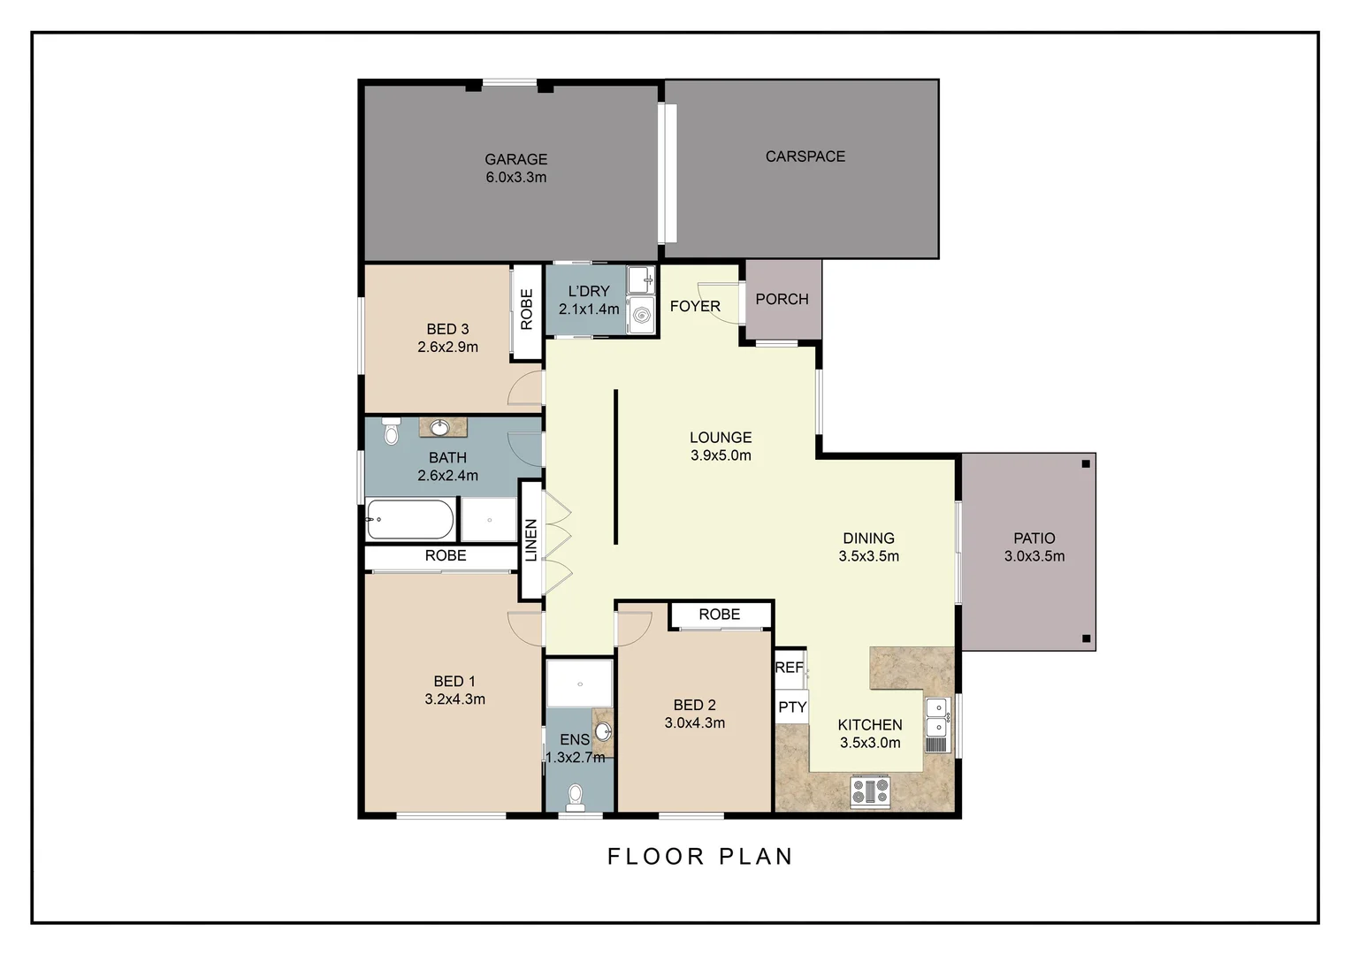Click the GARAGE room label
[x=515, y=159]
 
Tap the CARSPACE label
[x=805, y=157]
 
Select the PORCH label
[x=782, y=299]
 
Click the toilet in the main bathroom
[x=391, y=432]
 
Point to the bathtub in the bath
[x=410, y=520]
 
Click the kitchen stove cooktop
[x=870, y=791]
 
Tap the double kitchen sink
[x=936, y=717]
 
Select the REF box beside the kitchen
[x=789, y=668]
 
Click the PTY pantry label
[x=792, y=707]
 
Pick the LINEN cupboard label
[x=531, y=539]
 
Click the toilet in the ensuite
[x=576, y=795]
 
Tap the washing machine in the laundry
[x=641, y=313]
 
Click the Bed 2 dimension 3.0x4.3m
[x=694, y=723]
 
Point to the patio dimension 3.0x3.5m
[x=1034, y=556]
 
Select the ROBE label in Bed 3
[x=527, y=309]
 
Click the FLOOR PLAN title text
[x=700, y=856]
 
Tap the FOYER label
[x=695, y=306]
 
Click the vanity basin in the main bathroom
[x=440, y=429]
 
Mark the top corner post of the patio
[x=1086, y=463]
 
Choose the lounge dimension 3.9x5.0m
[x=721, y=455]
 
